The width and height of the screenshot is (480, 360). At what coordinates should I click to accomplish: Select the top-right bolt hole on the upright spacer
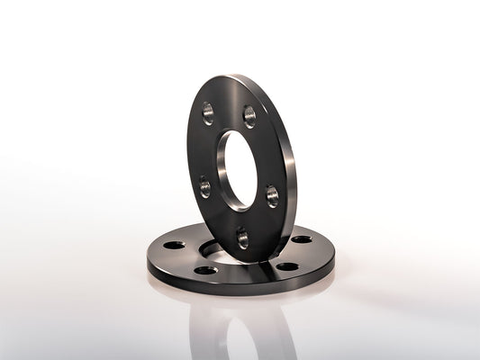(249, 115)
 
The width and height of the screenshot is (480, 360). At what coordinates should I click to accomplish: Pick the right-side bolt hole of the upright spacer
(272, 196)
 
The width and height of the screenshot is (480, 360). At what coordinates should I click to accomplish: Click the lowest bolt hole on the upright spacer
(242, 238)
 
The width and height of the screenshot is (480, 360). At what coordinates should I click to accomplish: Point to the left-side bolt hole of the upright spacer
(205, 186)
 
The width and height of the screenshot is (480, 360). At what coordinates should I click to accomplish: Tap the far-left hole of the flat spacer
(174, 244)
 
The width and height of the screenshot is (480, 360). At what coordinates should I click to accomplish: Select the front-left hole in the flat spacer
(205, 269)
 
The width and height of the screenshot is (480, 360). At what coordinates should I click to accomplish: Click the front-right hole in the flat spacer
(286, 265)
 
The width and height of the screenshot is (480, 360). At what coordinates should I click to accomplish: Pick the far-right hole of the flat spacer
(303, 239)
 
